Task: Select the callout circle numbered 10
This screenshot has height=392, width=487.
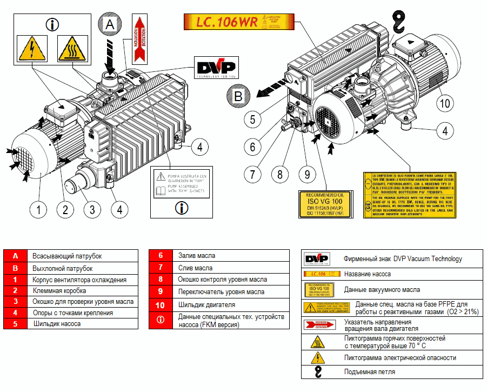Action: (444, 103)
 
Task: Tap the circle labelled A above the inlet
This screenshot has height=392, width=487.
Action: (110, 25)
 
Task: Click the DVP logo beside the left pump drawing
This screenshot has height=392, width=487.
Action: (215, 69)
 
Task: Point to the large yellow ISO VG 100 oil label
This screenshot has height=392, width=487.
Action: (325, 205)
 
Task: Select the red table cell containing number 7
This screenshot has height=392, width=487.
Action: (161, 268)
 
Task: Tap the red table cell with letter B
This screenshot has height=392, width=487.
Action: (16, 268)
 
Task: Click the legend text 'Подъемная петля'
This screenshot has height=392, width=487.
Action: (369, 371)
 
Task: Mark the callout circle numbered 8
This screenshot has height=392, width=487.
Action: (279, 174)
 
